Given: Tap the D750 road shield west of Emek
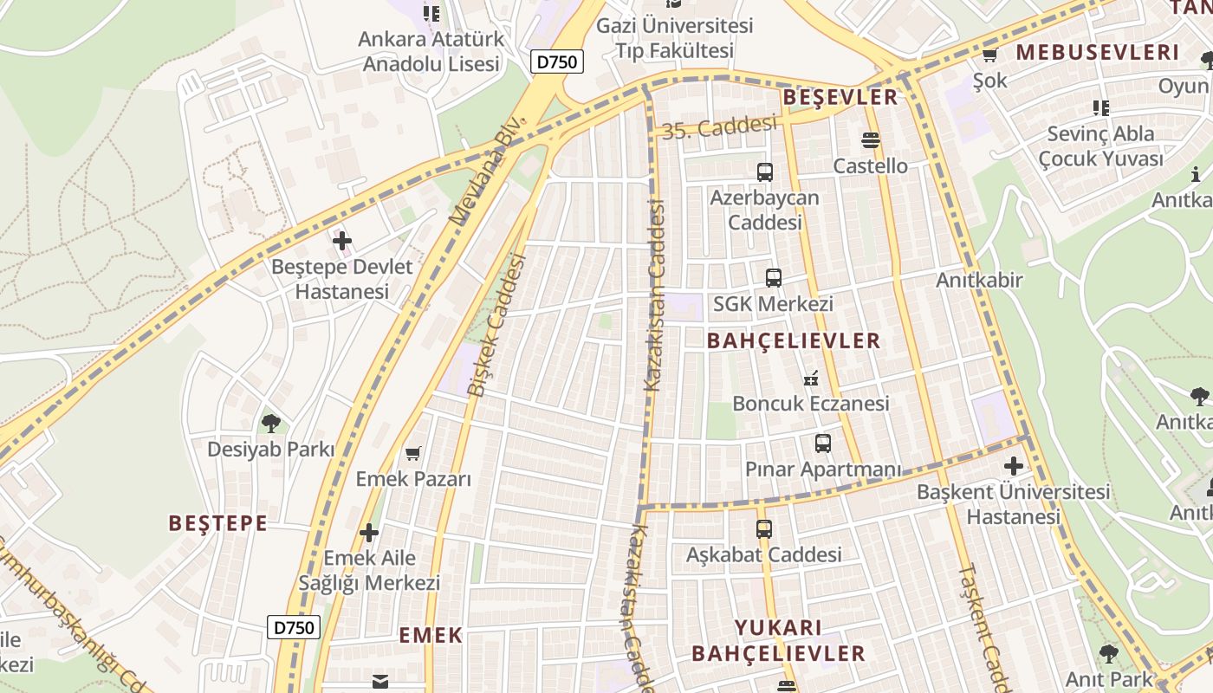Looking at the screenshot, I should [294, 627].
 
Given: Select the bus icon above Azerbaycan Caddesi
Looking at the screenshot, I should [764, 172].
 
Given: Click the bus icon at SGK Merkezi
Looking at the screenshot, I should [773, 278].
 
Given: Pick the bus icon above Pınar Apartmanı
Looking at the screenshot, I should [822, 444].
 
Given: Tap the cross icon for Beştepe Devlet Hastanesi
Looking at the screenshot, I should [342, 240].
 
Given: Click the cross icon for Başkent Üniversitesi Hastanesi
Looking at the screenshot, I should [1013, 466].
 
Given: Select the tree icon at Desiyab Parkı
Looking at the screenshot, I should [271, 423].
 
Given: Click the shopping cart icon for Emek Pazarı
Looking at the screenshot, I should [413, 453].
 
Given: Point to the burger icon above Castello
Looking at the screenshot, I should [870, 139].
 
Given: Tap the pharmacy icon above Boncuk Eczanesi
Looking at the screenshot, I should [812, 378].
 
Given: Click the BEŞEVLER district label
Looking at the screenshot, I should [840, 97].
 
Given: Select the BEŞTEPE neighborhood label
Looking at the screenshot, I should [217, 523].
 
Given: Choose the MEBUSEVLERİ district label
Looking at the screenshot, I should [1098, 52].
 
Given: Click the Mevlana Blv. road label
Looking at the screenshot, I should [488, 170].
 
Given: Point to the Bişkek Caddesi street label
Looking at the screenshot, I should [496, 325].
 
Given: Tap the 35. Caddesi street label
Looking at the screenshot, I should [719, 128].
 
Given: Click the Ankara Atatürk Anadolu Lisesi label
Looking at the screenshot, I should [431, 52].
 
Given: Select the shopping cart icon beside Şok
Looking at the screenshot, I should [989, 55].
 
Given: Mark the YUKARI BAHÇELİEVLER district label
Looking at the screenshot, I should [778, 640].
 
